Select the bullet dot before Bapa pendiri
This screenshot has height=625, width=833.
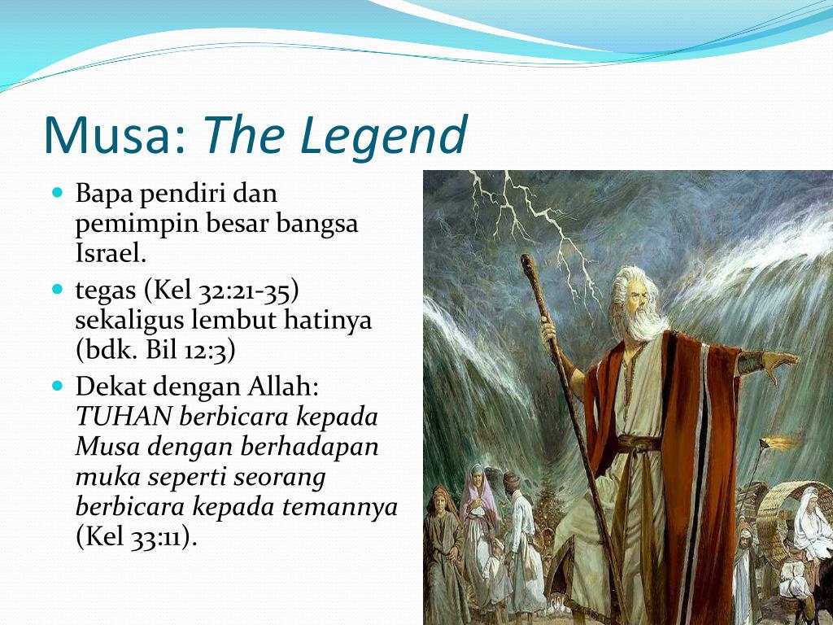(58, 191)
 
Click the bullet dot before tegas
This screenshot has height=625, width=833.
(58, 289)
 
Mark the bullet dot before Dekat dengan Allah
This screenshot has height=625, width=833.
(58, 385)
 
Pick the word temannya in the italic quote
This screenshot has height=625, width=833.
(339, 506)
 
